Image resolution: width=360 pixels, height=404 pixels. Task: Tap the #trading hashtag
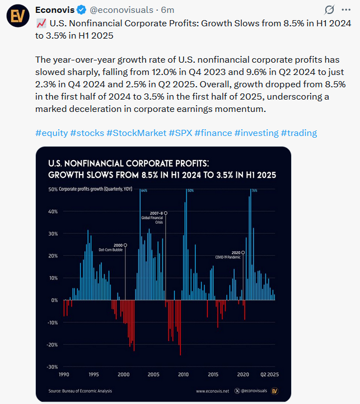pyautogui.click(x=298, y=133)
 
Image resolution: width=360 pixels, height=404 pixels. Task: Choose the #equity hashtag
pyautogui.click(x=51, y=133)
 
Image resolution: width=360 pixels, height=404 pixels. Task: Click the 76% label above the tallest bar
pyautogui.click(x=254, y=191)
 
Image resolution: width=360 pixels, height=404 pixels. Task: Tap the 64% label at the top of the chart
pyautogui.click(x=143, y=191)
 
